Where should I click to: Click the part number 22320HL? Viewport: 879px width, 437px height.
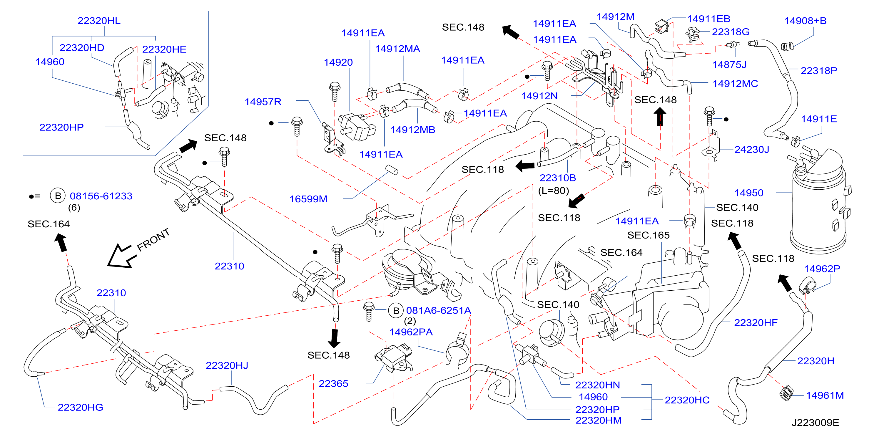(x=99, y=21)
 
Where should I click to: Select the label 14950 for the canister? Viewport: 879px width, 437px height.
(x=749, y=193)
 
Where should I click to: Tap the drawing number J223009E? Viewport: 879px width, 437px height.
(x=815, y=423)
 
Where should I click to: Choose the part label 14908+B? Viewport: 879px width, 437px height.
(x=805, y=21)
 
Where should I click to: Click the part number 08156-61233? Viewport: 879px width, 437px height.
(x=101, y=196)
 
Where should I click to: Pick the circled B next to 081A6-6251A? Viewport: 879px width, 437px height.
(x=396, y=311)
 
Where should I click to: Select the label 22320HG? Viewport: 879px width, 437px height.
(x=80, y=407)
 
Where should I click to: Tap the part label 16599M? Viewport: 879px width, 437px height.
(x=308, y=199)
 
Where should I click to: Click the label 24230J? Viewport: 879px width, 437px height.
(x=752, y=150)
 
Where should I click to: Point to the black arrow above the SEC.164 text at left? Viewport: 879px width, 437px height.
(x=61, y=242)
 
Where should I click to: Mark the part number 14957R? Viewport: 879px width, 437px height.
(x=263, y=102)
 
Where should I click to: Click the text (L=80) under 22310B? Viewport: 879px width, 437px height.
(x=554, y=191)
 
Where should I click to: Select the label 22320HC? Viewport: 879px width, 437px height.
(x=687, y=400)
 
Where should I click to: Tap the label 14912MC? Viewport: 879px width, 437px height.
(x=735, y=84)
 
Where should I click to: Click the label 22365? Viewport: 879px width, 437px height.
(x=333, y=384)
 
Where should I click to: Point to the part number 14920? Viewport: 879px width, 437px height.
(x=338, y=62)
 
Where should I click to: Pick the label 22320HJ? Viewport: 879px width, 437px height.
(x=227, y=366)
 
